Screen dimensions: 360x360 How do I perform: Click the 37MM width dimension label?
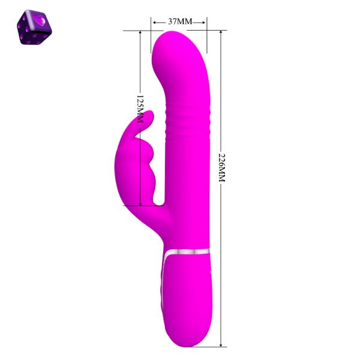[180, 22]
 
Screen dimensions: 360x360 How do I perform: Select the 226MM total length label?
[222, 168]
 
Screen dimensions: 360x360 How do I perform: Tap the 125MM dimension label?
[140, 109]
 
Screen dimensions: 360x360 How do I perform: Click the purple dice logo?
[34, 27]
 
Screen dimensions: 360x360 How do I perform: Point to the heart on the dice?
[39, 20]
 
